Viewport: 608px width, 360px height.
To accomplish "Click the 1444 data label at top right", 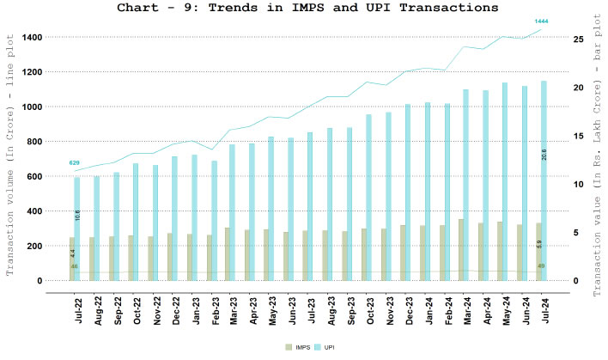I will (542, 21).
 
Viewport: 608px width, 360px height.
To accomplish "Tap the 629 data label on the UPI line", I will (75, 162).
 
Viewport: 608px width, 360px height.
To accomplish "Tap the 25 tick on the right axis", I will (579, 40).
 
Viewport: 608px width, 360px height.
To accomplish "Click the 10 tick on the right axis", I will (579, 184).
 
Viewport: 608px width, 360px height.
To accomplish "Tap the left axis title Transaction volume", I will (11, 159).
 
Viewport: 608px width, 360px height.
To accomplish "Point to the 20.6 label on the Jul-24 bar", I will (544, 154).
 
